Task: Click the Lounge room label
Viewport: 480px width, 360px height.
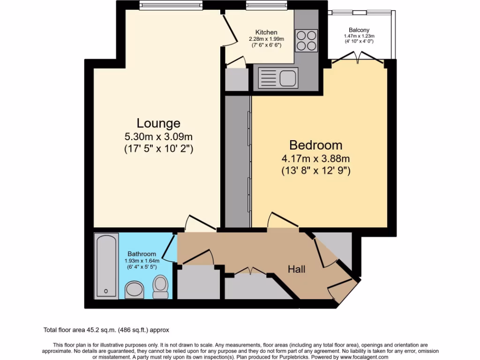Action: (158, 123)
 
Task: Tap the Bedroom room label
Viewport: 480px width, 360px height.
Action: (315, 145)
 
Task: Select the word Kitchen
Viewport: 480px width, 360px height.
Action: (266, 32)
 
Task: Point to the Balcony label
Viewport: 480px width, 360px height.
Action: (359, 30)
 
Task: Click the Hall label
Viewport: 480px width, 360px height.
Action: (297, 269)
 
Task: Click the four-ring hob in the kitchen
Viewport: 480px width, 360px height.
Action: (306, 40)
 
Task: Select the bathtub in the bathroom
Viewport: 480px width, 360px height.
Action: (106, 265)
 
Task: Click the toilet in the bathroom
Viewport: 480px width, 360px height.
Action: (160, 286)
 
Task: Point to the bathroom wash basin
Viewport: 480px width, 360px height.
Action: (136, 290)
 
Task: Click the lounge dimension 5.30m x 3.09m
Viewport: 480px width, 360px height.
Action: (158, 137)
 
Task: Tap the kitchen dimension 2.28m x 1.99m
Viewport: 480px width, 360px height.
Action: (266, 39)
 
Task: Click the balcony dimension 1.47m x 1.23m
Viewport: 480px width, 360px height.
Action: (359, 36)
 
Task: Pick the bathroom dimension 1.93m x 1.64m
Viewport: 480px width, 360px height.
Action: (142, 261)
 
